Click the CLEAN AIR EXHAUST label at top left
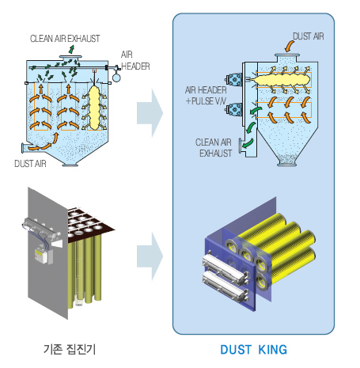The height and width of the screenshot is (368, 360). [x=65, y=39]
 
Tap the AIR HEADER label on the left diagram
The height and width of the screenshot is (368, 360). [x=135, y=60]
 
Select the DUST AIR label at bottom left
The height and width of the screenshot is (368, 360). [x=30, y=164]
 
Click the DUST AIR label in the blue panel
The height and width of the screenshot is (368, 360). [x=309, y=36]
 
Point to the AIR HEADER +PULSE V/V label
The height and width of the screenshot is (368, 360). [x=206, y=96]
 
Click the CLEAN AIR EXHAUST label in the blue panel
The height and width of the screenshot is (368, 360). [x=214, y=148]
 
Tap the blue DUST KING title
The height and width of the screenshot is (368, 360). [x=254, y=350]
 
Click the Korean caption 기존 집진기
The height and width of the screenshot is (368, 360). [x=70, y=349]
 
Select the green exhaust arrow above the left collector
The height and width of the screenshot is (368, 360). [x=71, y=49]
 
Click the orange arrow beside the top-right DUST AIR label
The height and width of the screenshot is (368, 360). [x=290, y=47]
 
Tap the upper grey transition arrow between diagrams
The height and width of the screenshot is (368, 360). [x=150, y=113]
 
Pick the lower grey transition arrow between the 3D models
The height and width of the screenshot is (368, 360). [x=150, y=256]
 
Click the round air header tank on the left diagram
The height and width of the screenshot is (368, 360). [x=116, y=78]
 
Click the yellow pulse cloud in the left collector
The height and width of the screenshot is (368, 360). [x=94, y=108]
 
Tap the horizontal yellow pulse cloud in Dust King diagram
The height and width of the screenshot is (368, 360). [x=282, y=80]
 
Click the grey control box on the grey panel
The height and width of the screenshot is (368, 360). [x=44, y=255]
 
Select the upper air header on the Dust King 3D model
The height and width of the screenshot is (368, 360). [x=225, y=267]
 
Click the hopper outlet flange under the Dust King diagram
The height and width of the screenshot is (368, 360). [x=287, y=165]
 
